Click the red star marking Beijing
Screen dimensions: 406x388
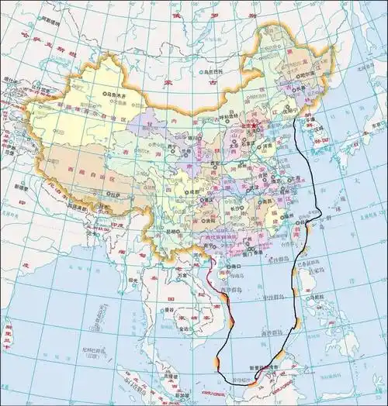point(250,123)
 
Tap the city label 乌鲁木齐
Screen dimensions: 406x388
point(118,93)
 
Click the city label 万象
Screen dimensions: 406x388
point(183,273)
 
